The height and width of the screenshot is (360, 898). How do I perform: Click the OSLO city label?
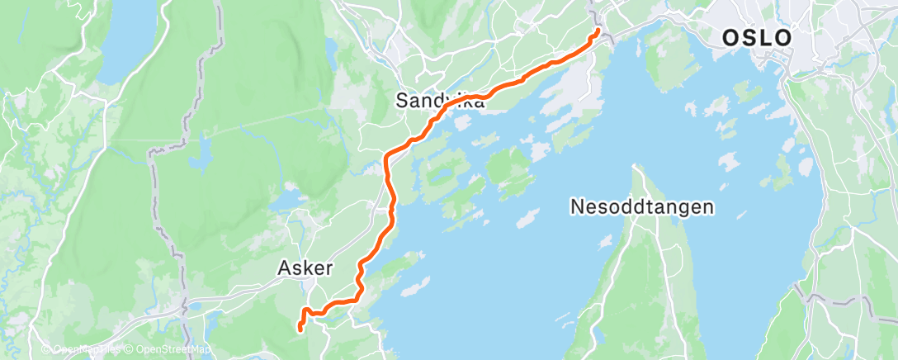click(757, 38)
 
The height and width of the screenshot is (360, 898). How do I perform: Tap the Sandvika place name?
click(439, 101)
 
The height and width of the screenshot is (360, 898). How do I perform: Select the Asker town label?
click(305, 268)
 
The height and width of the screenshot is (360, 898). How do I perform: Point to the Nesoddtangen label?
click(641, 206)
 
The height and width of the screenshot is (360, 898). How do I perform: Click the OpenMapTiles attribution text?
click(85, 350)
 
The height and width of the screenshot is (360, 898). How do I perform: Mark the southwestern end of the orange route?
click(298, 329)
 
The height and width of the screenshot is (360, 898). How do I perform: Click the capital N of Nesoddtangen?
click(577, 206)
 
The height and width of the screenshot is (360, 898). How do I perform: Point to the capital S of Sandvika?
click(402, 101)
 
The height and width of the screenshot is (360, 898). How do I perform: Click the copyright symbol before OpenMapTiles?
click(46, 350)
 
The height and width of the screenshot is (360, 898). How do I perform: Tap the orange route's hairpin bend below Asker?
click(305, 311)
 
